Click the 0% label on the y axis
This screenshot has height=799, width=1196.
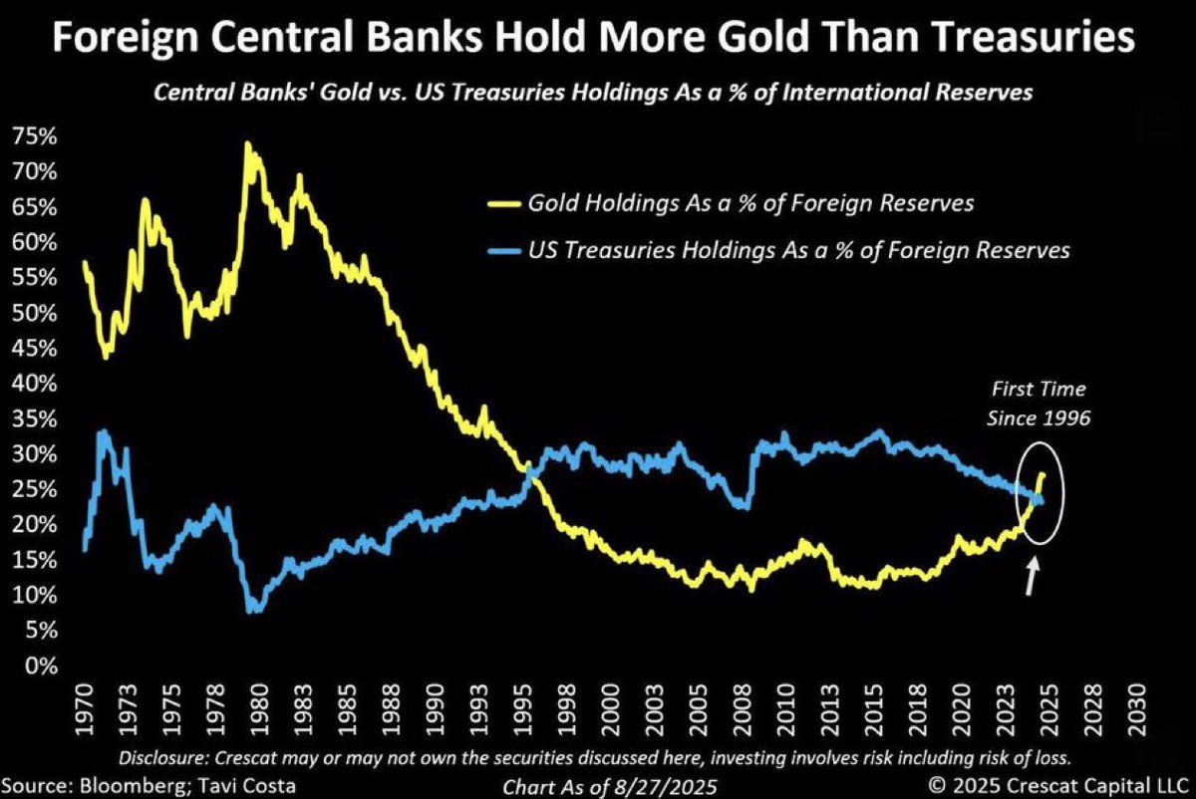click(x=41, y=666)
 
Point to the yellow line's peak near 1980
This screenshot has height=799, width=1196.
click(x=246, y=145)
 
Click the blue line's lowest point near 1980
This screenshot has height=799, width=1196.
click(x=253, y=610)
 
